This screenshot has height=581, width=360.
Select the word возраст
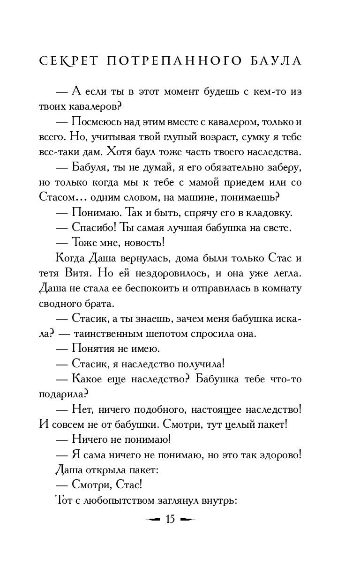click(x=223, y=138)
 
